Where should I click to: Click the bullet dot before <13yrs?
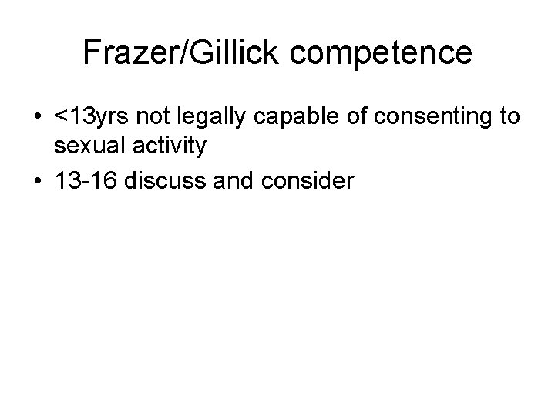(37, 118)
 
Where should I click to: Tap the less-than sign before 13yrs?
(61, 118)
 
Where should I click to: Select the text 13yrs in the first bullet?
(96, 118)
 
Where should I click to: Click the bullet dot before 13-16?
(37, 181)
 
